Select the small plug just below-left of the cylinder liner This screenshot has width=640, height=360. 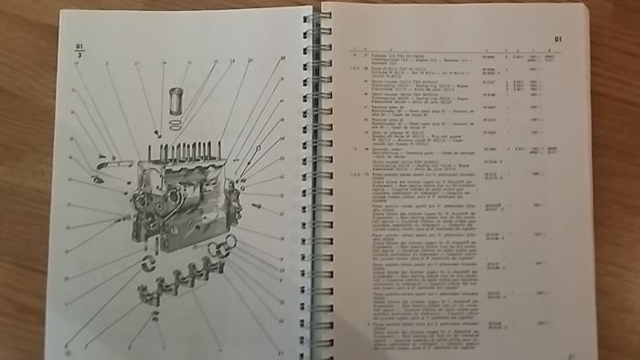click(x=157, y=133)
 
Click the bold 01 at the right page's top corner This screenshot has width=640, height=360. click(x=560, y=39)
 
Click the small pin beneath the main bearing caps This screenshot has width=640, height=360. click(x=156, y=316)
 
